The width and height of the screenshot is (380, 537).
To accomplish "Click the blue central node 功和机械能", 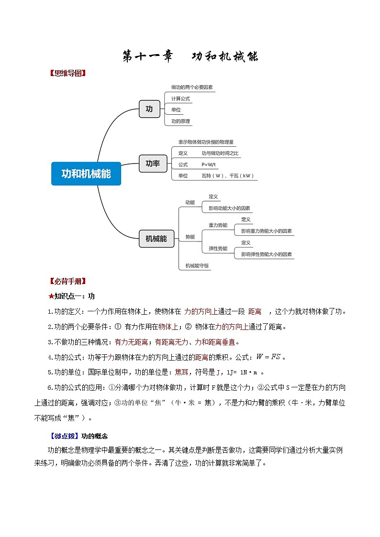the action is [x=86, y=174].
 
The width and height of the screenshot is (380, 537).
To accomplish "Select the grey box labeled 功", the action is [x=149, y=109].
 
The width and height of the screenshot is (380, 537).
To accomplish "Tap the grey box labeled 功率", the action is [x=153, y=164].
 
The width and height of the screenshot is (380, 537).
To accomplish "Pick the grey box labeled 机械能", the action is [x=156, y=239].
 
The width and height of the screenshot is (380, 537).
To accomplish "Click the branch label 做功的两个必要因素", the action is [x=192, y=88].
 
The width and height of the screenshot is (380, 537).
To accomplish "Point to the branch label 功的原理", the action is [x=180, y=121].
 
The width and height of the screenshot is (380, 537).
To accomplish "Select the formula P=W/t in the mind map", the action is [x=209, y=164].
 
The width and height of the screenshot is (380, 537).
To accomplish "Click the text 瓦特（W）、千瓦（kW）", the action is [x=228, y=175].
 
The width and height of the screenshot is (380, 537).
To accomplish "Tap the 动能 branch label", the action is [x=190, y=202].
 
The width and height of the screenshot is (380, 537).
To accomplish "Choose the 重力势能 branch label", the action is [x=218, y=225].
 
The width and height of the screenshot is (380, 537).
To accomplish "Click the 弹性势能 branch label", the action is [x=218, y=248].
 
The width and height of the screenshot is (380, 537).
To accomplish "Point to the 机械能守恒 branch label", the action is [x=197, y=265].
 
